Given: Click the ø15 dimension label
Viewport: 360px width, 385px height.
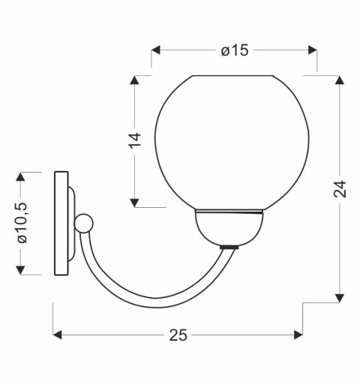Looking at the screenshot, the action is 235,50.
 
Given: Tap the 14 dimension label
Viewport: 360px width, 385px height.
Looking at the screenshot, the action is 135,140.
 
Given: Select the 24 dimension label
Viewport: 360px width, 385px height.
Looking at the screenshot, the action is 340,189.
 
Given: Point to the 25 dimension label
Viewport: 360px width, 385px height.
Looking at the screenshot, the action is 178,335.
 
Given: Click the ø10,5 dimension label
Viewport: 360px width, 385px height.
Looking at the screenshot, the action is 22,223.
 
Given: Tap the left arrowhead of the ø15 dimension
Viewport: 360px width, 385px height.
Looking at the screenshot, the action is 155,50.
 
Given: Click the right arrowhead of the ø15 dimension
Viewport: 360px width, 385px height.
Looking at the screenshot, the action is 313,50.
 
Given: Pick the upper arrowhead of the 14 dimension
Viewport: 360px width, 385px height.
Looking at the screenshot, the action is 134,80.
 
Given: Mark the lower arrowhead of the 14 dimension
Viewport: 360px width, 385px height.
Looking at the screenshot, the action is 134,203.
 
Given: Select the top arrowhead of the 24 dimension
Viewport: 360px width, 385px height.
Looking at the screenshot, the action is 339,80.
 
